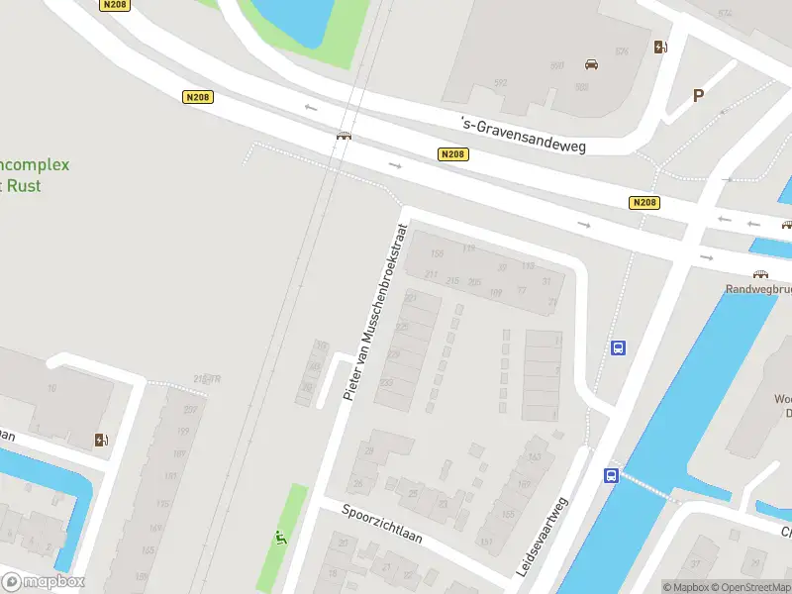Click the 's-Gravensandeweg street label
click(524, 136)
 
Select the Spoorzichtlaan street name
click(382, 525)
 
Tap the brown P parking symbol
click(698, 96)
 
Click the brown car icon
click(592, 64)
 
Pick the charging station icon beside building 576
click(660, 47)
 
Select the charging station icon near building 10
click(101, 440)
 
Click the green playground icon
click(281, 539)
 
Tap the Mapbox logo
click(44, 582)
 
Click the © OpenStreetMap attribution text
click(753, 587)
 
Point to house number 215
click(452, 282)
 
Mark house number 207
click(190, 409)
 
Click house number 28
click(369, 451)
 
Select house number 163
click(535, 457)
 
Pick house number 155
click(437, 254)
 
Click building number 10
click(51, 389)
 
